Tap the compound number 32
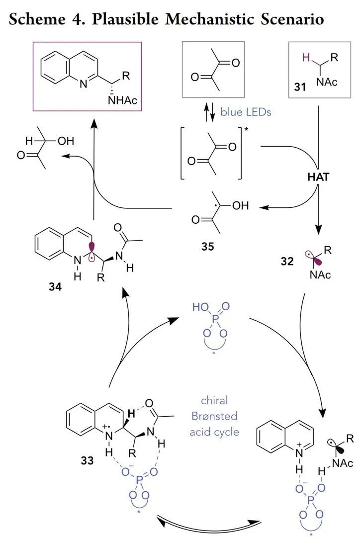[x=287, y=261]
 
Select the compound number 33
[x=87, y=460]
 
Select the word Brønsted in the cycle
[x=214, y=416]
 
